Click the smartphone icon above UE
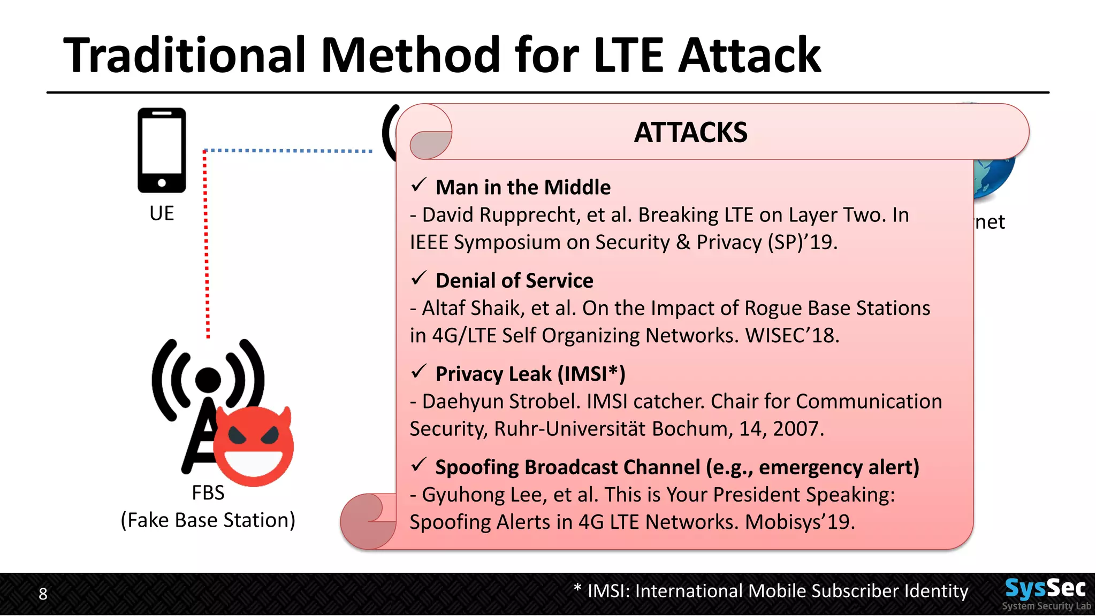click(162, 150)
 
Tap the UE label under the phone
click(162, 213)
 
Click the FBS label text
click(208, 492)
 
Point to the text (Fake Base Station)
click(208, 520)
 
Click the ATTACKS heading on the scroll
click(690, 132)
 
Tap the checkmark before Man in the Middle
click(418, 186)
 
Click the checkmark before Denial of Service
click(418, 279)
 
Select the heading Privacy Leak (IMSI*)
click(530, 374)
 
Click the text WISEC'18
click(792, 336)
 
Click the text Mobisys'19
click(800, 522)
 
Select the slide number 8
click(43, 594)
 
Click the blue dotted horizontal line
click(289, 151)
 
